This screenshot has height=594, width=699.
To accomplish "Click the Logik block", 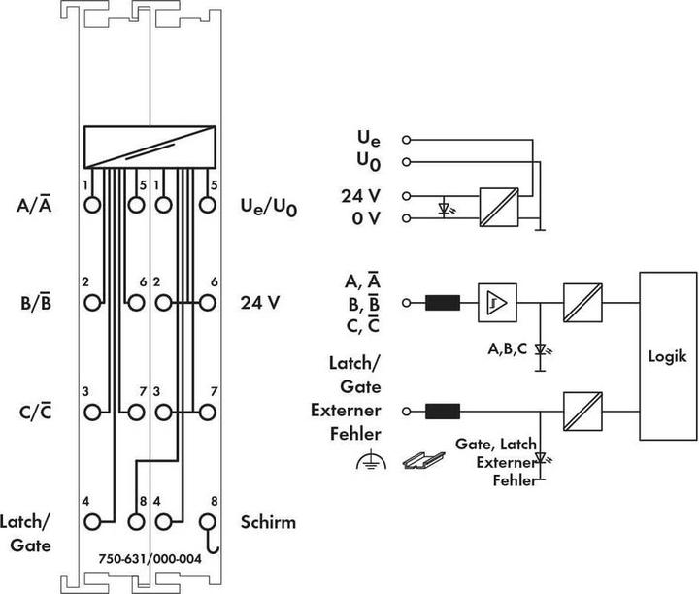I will point(668,355).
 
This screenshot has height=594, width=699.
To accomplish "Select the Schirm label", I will point(267,523).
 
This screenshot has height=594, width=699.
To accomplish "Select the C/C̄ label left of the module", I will point(33,411).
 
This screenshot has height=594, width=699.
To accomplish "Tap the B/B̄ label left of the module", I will point(33,302).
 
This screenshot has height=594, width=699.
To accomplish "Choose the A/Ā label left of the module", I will point(34,206).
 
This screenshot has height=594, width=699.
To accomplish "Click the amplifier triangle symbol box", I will point(497,303).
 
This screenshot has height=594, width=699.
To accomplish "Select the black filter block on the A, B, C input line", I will point(442,303).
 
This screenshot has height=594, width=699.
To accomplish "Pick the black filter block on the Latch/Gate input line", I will point(442,411).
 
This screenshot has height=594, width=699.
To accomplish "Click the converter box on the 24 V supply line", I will point(499,206).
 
